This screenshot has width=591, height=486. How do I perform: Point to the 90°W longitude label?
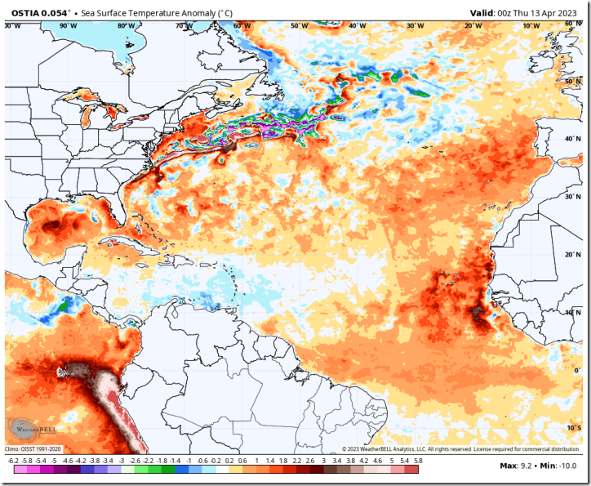point(69,26)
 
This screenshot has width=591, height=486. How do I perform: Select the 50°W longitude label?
point(300,26)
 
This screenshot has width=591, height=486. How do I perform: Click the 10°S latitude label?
point(574,427)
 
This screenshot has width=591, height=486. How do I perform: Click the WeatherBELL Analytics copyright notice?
point(461,448)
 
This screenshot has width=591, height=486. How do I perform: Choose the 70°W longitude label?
point(184,26)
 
